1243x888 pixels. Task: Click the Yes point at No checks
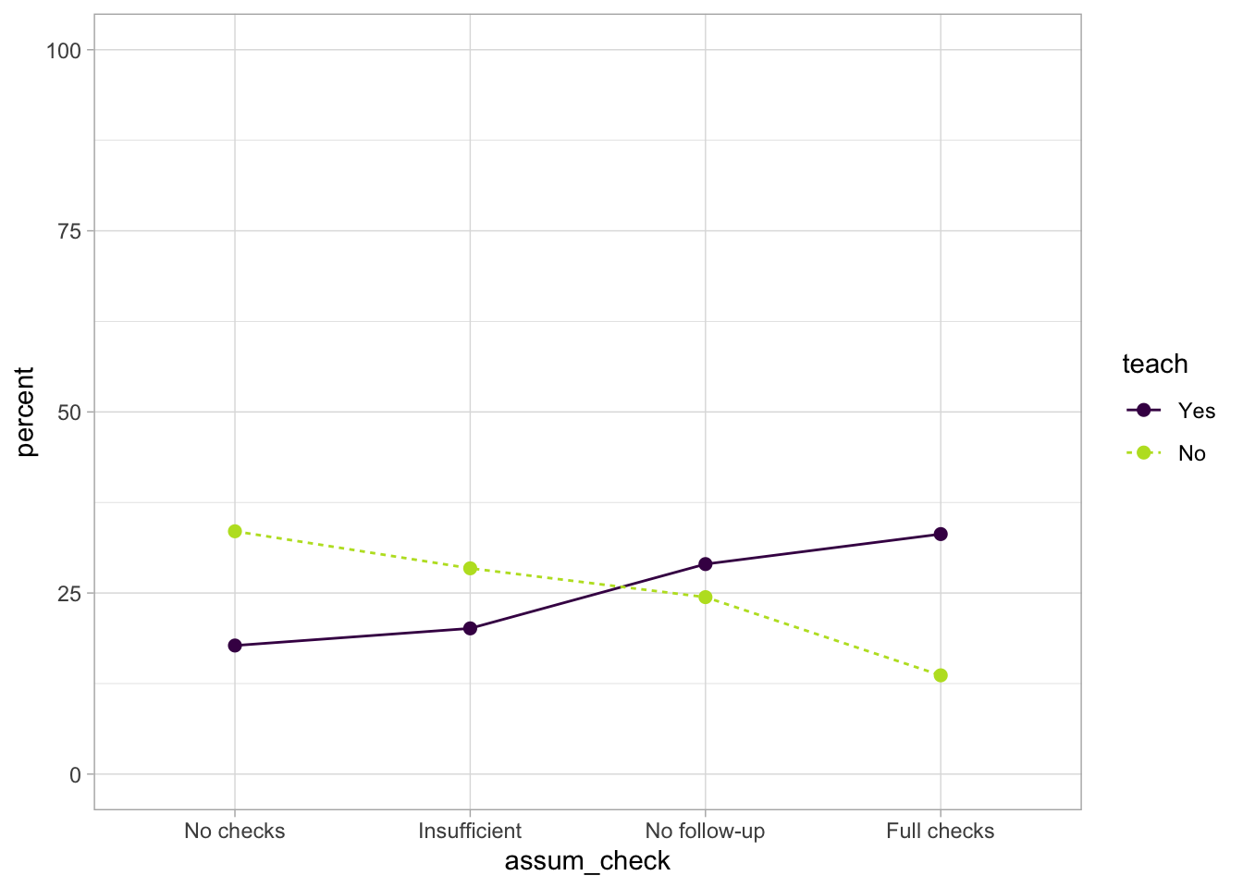[235, 646]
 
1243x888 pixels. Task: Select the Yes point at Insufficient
[470, 628]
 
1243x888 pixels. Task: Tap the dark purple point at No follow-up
[706, 563]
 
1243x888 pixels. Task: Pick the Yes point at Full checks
[941, 534]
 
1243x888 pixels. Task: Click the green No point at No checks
[235, 531]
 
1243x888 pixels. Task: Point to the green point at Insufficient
[470, 568]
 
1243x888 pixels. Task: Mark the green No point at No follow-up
[706, 597]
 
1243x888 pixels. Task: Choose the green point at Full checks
[941, 675]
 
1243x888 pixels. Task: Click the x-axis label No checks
[235, 831]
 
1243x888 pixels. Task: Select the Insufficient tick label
[470, 831]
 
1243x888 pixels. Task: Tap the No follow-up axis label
[706, 831]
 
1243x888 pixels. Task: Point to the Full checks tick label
[941, 831]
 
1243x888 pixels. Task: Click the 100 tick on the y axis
[64, 50]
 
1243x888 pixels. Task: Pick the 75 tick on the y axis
[69, 231]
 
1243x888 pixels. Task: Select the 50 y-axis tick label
[69, 412]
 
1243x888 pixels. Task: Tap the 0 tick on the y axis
[75, 774]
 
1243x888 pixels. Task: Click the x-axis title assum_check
[587, 861]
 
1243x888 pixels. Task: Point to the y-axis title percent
[25, 412]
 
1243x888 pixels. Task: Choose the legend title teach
[1154, 364]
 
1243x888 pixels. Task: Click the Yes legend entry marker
[1144, 410]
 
